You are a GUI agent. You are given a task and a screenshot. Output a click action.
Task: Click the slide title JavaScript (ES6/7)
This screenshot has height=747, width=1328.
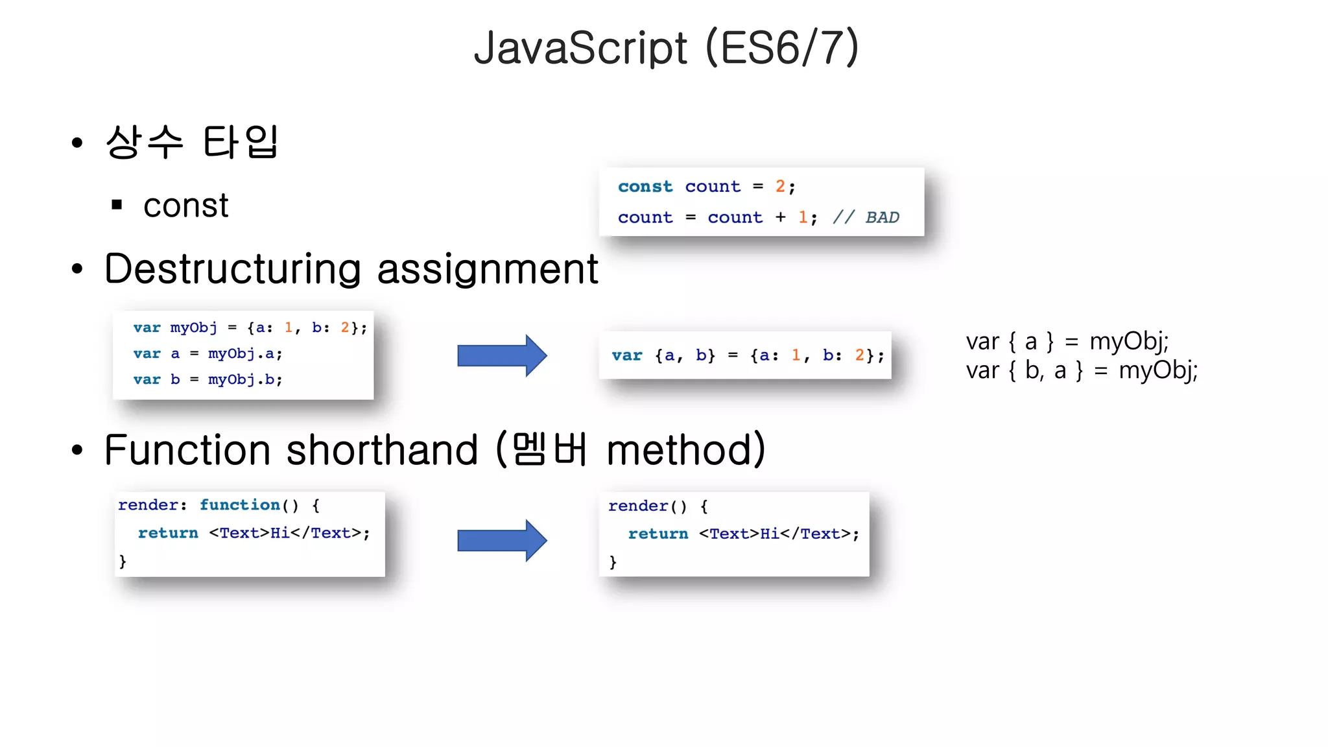[666, 49]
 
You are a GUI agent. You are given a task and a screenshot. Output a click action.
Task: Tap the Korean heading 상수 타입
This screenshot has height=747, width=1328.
[192, 142]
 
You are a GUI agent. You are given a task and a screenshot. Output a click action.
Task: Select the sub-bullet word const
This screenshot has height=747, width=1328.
[185, 206]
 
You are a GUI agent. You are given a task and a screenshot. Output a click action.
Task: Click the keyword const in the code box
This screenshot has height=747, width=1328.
[645, 187]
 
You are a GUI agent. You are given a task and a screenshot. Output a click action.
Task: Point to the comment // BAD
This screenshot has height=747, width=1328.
[866, 217]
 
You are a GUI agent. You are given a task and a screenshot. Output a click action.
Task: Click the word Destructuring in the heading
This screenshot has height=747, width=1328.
[233, 269]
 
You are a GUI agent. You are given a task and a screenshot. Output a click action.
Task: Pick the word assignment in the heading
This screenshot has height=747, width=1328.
[487, 269]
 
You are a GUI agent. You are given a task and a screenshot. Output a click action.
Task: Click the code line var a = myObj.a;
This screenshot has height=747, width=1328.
[207, 354]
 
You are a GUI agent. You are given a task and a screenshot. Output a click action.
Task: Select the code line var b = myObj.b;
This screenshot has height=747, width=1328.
[207, 380]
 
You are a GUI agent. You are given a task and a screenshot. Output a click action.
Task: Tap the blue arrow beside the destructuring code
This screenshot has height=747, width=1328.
[502, 355]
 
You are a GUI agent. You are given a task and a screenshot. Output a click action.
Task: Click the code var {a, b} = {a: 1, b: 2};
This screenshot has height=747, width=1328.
[747, 355]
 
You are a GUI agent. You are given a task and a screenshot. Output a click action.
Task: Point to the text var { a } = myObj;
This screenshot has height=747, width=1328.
[1067, 341]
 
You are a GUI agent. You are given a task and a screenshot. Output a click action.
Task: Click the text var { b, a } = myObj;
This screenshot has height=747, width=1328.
[1081, 371]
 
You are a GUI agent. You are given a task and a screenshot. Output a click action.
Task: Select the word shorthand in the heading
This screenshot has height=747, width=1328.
[382, 450]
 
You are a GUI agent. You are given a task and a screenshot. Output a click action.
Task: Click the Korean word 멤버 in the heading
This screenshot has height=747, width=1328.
[549, 449]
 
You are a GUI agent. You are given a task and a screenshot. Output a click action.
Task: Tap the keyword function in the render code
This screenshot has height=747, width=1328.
[239, 505]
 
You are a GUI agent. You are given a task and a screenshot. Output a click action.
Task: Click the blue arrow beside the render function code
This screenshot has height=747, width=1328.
[502, 540]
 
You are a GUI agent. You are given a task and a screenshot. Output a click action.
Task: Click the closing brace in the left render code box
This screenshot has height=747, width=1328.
[123, 561]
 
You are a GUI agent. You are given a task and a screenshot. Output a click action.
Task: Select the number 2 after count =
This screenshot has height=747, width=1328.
[780, 187]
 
